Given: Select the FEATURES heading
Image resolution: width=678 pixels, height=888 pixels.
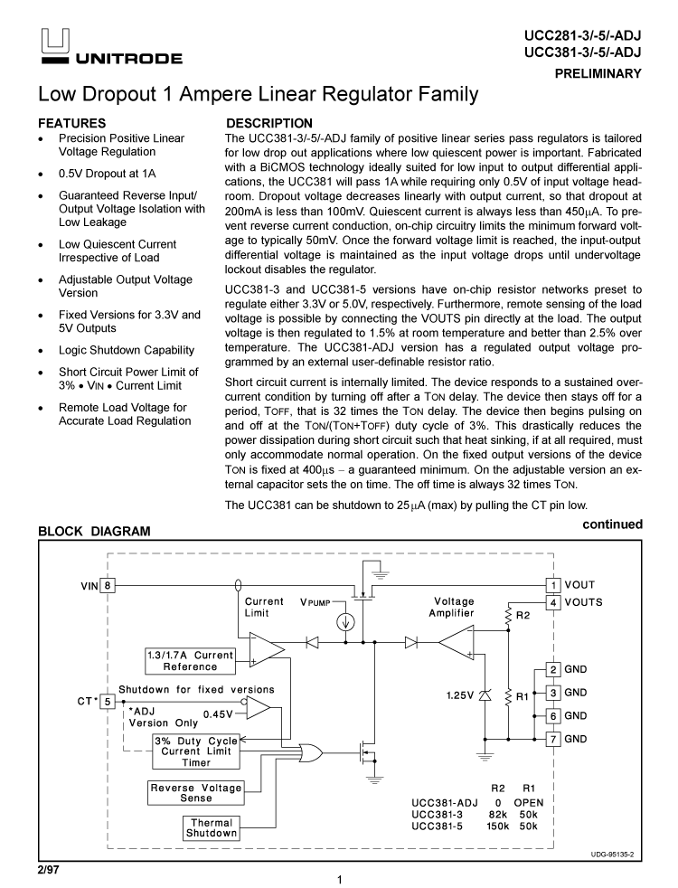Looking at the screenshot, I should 71,123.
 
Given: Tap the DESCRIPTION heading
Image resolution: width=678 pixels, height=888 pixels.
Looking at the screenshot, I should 269,123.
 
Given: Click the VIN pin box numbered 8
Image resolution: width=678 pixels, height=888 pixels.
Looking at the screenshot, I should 108,586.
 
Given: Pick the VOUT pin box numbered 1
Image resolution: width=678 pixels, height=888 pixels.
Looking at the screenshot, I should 551,586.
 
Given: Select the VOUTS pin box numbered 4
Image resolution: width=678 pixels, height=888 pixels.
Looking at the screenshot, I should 551,602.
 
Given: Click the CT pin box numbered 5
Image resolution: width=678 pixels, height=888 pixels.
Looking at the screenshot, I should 107,700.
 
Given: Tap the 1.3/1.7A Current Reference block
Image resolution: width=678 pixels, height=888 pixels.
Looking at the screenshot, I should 190,661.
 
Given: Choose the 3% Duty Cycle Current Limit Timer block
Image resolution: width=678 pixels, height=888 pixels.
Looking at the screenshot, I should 196,751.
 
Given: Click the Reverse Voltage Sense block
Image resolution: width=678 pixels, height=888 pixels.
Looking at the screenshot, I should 195,793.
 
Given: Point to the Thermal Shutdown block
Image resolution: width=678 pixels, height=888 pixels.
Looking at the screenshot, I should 212,828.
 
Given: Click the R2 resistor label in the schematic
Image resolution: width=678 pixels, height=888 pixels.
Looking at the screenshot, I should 523,615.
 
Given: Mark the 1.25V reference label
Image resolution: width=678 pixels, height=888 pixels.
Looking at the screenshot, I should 461,696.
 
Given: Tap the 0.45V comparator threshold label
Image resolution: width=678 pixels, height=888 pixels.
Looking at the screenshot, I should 218,714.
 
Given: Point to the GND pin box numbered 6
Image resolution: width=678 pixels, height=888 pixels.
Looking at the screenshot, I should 551,715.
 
